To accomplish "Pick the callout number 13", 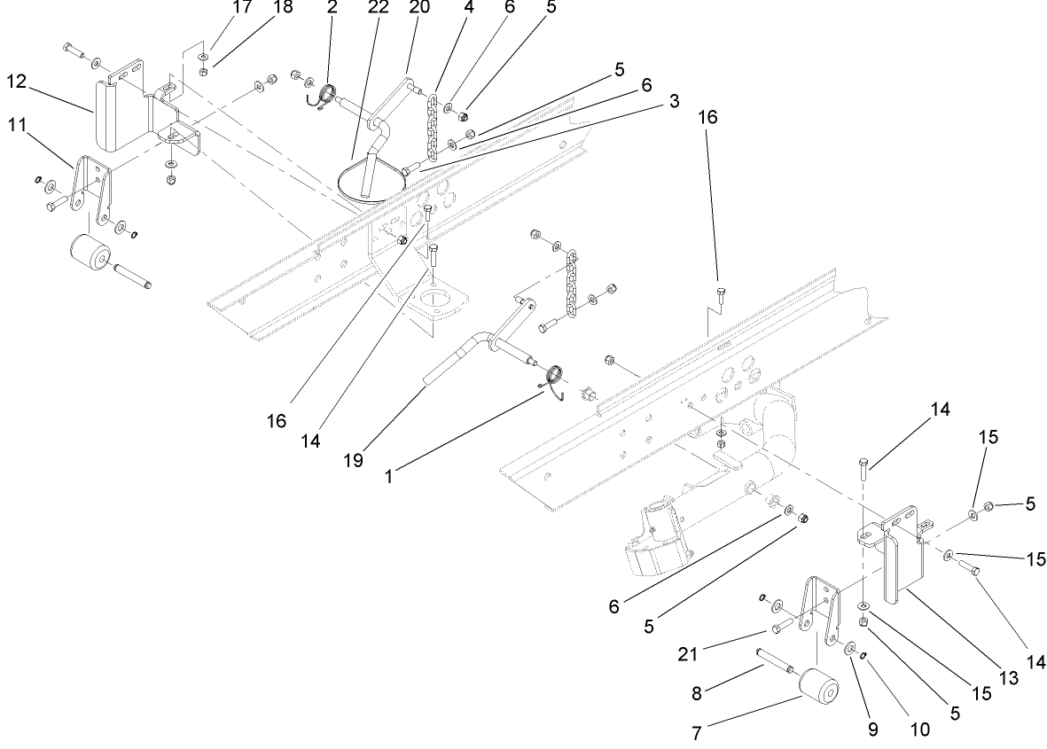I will click(984, 678).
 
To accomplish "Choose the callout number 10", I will click(918, 729).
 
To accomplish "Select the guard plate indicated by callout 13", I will click(902, 567).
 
